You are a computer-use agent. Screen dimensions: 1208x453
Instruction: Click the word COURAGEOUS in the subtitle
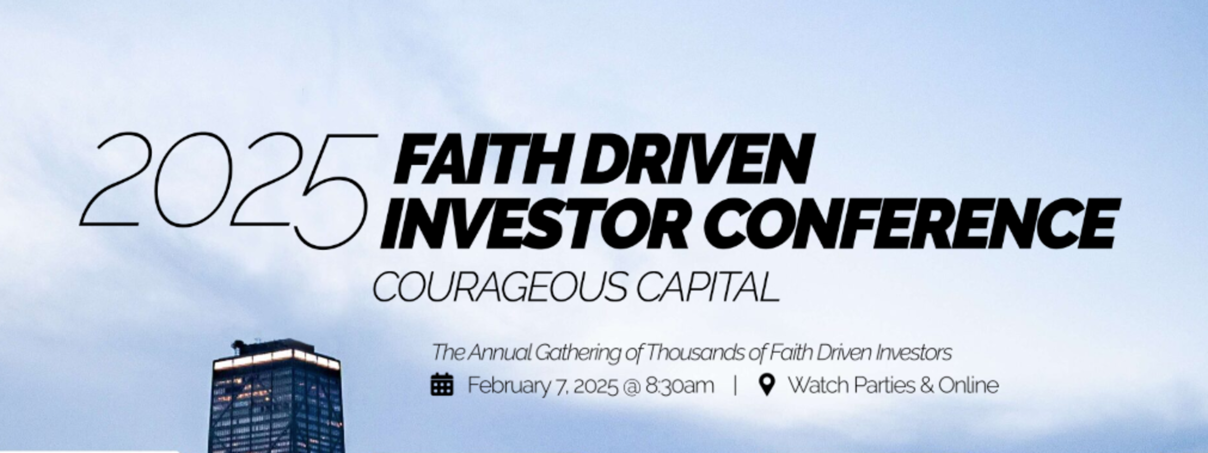tap(499, 287)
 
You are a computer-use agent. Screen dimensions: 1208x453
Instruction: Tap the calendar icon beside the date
tap(442, 384)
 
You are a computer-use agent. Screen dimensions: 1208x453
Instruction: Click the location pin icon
tap(767, 384)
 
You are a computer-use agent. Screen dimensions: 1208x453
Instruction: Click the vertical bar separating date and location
tap(736, 385)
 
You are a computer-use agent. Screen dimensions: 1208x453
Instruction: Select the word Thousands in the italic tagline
tap(695, 353)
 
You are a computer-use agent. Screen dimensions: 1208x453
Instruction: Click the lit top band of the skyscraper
tap(276, 359)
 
